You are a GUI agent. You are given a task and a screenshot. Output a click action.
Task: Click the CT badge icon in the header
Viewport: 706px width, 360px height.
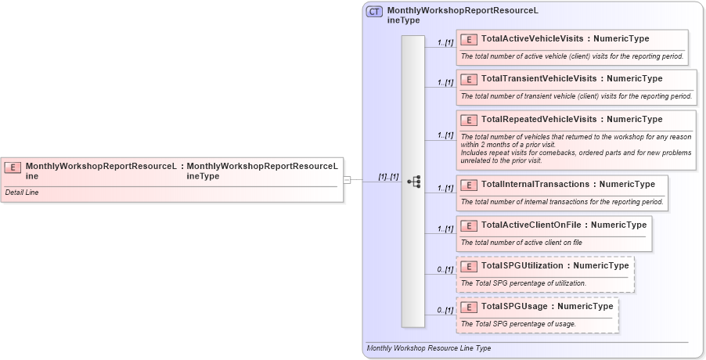pyautogui.click(x=375, y=12)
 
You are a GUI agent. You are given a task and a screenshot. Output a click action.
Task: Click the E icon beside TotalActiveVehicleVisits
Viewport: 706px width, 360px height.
pyautogui.click(x=469, y=38)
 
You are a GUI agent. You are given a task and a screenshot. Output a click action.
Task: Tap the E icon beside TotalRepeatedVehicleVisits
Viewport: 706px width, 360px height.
pyautogui.click(x=469, y=120)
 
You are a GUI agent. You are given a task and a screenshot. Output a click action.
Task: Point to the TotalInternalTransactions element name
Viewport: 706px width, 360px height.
pyautogui.click(x=535, y=184)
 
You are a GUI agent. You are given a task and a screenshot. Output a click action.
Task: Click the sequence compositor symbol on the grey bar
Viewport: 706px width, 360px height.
pyautogui.click(x=413, y=182)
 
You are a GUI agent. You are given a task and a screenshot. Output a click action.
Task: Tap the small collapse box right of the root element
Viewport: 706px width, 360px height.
pyautogui.click(x=347, y=180)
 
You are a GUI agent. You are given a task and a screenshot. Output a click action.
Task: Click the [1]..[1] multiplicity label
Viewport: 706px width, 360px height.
pyautogui.click(x=388, y=177)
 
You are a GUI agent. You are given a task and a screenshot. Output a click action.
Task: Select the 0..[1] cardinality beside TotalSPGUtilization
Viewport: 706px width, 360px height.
pyautogui.click(x=445, y=270)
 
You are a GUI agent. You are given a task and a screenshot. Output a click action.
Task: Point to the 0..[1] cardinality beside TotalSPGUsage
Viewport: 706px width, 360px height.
pyautogui.click(x=445, y=311)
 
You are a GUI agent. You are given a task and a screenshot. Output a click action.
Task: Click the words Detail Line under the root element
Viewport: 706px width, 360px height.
pyautogui.click(x=22, y=193)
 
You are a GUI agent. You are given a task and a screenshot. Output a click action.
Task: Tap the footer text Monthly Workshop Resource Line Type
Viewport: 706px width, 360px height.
pyautogui.click(x=429, y=348)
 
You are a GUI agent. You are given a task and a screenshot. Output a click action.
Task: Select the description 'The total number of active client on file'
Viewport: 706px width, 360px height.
pyautogui.click(x=521, y=243)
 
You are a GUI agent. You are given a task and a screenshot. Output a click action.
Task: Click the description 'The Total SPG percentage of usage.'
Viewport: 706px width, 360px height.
pyautogui.click(x=518, y=324)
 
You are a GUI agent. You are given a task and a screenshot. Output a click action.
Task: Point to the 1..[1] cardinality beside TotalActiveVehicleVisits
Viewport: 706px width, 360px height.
pyautogui.click(x=445, y=42)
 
